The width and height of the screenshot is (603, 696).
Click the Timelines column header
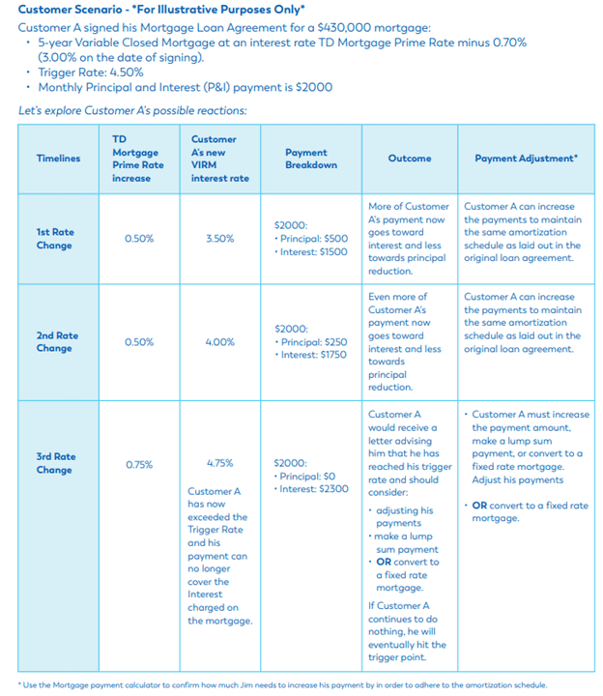[x=58, y=159]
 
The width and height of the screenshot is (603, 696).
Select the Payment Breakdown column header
[x=305, y=159]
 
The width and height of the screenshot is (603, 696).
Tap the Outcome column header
[x=409, y=159]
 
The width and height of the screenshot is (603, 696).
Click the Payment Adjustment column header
[x=526, y=159]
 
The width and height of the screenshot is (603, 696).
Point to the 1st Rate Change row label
[x=54, y=238]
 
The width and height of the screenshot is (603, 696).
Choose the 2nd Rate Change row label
[x=56, y=341]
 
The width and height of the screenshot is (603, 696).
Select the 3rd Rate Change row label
[x=54, y=463]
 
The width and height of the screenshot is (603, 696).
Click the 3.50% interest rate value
[x=219, y=239]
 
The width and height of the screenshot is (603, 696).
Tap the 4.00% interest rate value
[x=219, y=342]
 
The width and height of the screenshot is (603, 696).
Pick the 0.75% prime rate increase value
[x=139, y=464]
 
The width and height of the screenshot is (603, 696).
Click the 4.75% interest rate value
[x=219, y=463]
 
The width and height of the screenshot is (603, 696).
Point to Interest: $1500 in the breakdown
[x=311, y=251]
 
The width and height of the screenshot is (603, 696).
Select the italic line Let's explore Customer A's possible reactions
[x=132, y=110]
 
